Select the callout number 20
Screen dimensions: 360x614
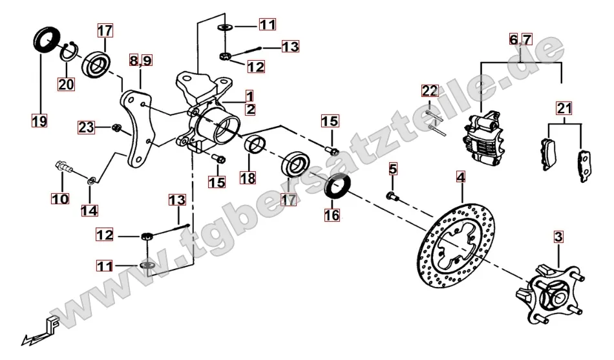click(67, 83)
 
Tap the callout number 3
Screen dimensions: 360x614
click(558, 237)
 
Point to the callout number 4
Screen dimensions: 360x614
click(461, 176)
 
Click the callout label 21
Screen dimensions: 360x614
click(565, 108)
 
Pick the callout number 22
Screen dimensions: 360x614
click(430, 91)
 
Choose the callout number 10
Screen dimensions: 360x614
click(60, 200)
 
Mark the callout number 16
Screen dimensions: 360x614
click(332, 215)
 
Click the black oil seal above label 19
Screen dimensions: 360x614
click(45, 41)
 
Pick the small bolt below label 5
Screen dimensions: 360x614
click(392, 195)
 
